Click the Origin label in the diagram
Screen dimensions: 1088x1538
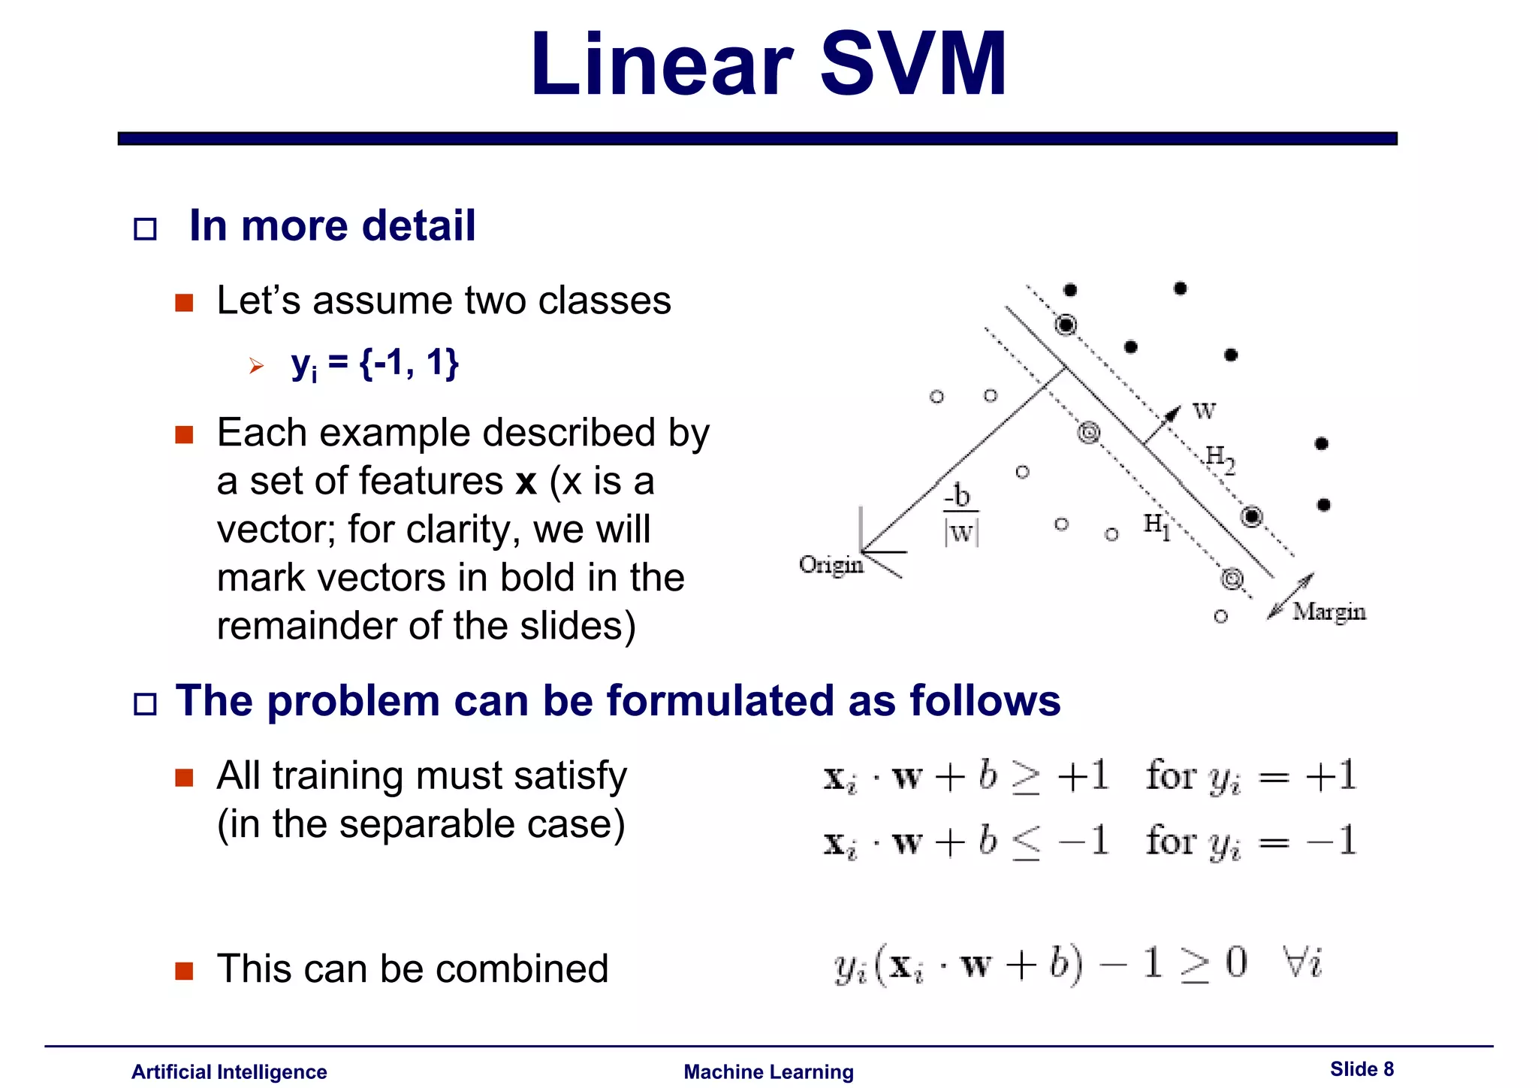click(x=831, y=564)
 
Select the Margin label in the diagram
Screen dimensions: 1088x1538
click(x=1328, y=612)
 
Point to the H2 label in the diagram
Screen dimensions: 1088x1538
click(x=1220, y=458)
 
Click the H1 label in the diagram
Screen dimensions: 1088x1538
click(x=1157, y=525)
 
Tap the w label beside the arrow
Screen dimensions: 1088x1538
click(x=1204, y=410)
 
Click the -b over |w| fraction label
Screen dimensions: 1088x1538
click(x=960, y=515)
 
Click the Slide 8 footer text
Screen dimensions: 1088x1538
click(x=1362, y=1069)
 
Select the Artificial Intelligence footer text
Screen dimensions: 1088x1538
click(x=229, y=1071)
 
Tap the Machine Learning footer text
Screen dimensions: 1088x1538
click(x=768, y=1071)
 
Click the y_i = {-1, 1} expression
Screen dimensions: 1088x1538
click(x=375, y=364)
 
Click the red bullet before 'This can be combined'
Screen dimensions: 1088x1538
click(x=184, y=971)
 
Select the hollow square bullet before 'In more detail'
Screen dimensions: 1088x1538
click(x=145, y=228)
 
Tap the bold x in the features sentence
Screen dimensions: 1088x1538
click(x=526, y=482)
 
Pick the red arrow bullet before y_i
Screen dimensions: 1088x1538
click(x=257, y=366)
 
